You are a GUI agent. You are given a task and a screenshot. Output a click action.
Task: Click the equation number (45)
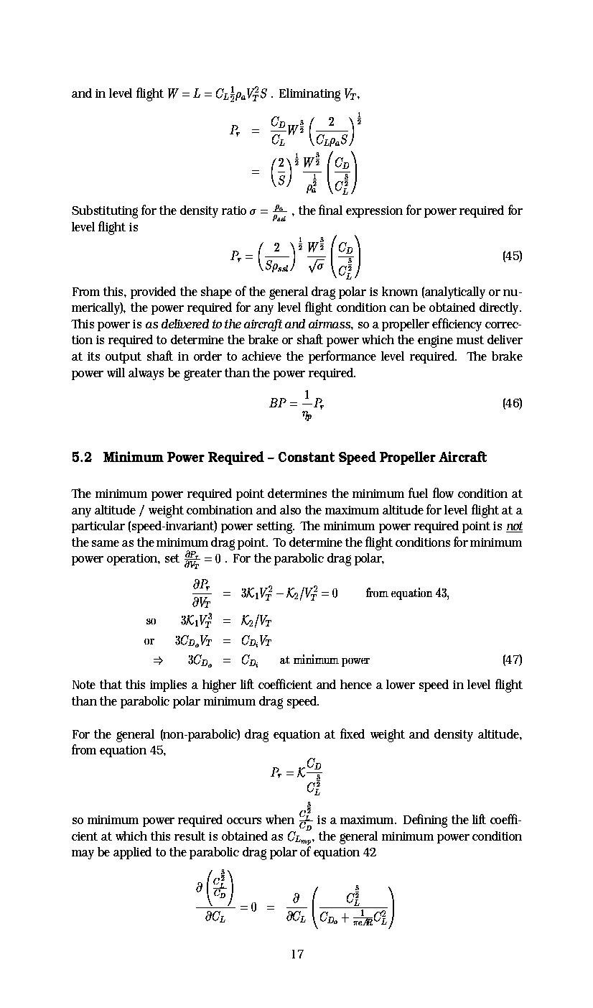[x=511, y=256]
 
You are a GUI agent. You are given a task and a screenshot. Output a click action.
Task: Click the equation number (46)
[x=511, y=403]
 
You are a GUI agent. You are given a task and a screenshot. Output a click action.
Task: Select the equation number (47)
[x=511, y=660]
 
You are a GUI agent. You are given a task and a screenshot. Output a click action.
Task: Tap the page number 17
[x=296, y=954]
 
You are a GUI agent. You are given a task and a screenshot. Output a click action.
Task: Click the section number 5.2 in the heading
[x=82, y=458]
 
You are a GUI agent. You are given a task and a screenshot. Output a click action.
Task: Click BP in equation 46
[x=279, y=403]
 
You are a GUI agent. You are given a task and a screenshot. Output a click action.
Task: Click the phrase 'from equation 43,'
[x=407, y=593]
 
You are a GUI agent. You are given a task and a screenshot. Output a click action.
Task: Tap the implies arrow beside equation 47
[x=157, y=660]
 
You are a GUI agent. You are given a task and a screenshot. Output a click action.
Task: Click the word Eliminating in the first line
[x=309, y=94]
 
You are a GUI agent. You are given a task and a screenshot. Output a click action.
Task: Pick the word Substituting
[x=106, y=211]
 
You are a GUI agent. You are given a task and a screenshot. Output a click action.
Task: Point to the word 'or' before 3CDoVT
[x=149, y=641]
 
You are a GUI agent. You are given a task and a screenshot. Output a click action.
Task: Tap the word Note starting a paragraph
[x=85, y=685]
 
